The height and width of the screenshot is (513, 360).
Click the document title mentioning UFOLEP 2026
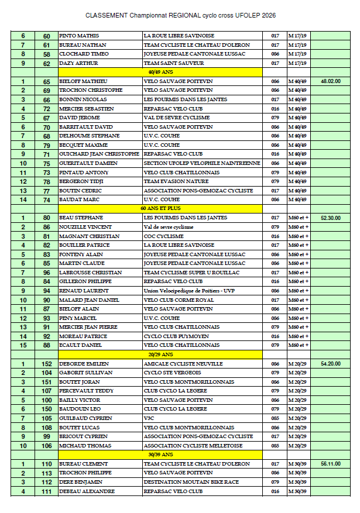click(180, 15)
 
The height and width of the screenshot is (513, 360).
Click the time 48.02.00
click(331, 81)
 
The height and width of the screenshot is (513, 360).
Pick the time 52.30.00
click(331, 218)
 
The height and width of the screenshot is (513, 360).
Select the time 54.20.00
click(331, 364)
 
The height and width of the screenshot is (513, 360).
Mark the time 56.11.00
click(331, 464)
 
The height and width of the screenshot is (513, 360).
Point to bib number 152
click(47, 364)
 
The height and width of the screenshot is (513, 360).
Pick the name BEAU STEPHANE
click(81, 218)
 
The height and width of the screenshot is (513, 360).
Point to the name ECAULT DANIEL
click(80, 345)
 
